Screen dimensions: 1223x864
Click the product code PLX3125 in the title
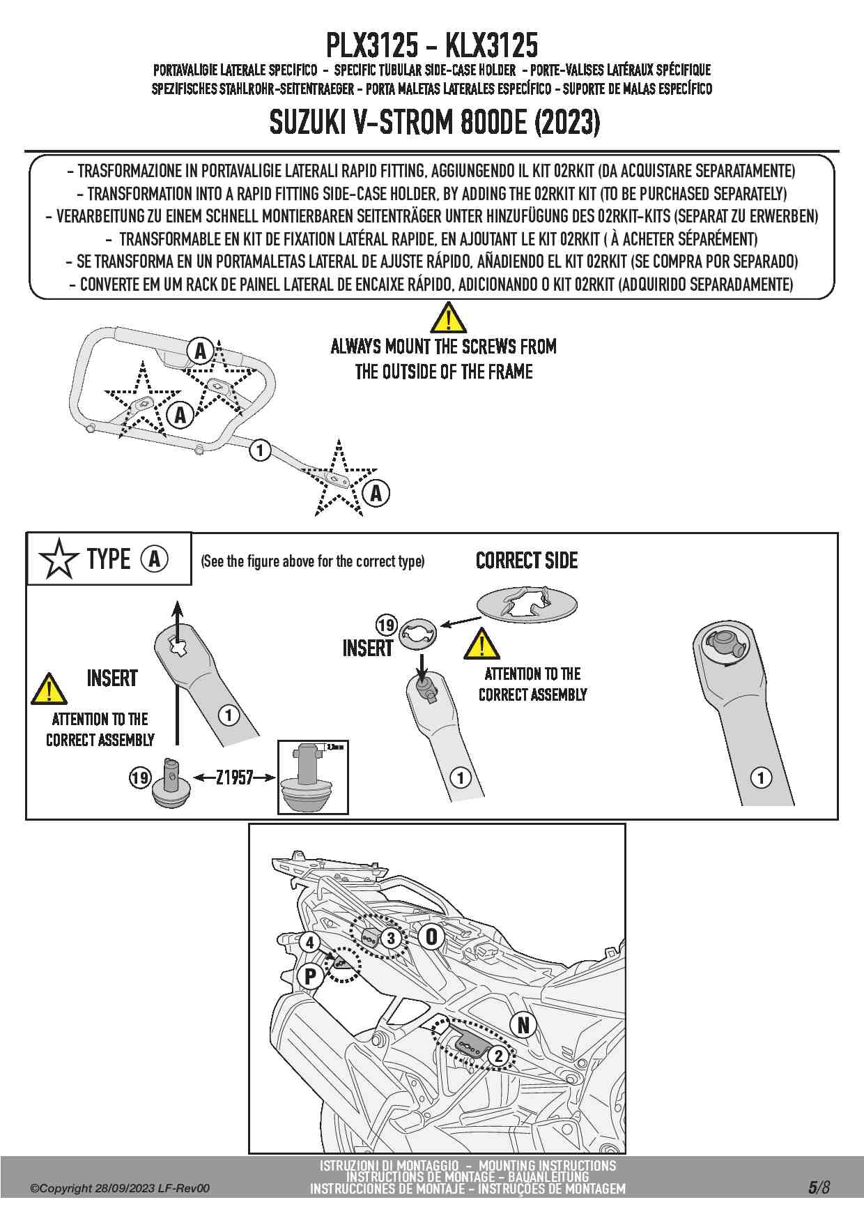(372, 45)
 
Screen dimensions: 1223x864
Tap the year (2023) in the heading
(567, 123)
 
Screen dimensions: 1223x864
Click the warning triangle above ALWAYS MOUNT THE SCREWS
(448, 319)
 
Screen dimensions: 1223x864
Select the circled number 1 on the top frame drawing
(260, 450)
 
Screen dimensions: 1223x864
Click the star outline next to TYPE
(59, 559)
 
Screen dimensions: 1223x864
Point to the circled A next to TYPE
(155, 559)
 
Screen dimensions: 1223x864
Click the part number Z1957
(234, 777)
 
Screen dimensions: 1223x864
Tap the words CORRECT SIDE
(527, 561)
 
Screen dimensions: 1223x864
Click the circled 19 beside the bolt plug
(140, 777)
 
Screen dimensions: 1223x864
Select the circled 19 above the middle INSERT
(386, 625)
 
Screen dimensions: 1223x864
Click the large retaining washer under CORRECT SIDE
(527, 603)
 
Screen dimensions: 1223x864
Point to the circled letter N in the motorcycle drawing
(523, 1025)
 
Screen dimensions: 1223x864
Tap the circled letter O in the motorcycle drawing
(431, 936)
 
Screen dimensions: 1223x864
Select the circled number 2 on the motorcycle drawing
(498, 1056)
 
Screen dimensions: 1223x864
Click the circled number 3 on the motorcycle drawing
(390, 938)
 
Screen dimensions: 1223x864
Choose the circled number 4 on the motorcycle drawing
(310, 943)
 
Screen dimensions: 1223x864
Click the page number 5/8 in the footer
(819, 1187)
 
